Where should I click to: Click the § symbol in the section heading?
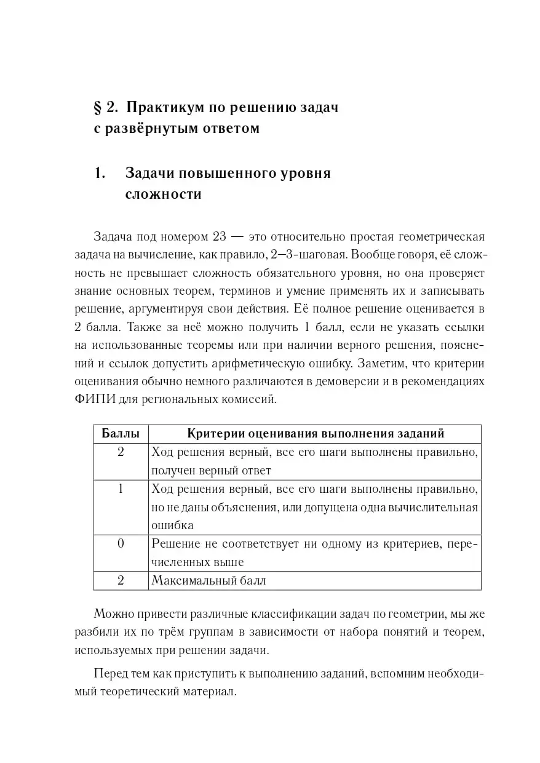(x=97, y=107)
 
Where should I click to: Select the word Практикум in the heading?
(x=161, y=107)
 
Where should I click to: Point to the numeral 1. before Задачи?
(x=100, y=173)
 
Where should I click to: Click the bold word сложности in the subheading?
(x=163, y=194)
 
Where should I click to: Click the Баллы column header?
(x=121, y=434)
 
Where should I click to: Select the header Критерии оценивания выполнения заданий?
(x=315, y=434)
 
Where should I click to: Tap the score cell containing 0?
(x=121, y=543)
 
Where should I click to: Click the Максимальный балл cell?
(x=208, y=580)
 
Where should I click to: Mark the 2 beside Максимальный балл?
(x=121, y=580)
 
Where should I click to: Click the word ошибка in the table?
(x=172, y=525)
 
